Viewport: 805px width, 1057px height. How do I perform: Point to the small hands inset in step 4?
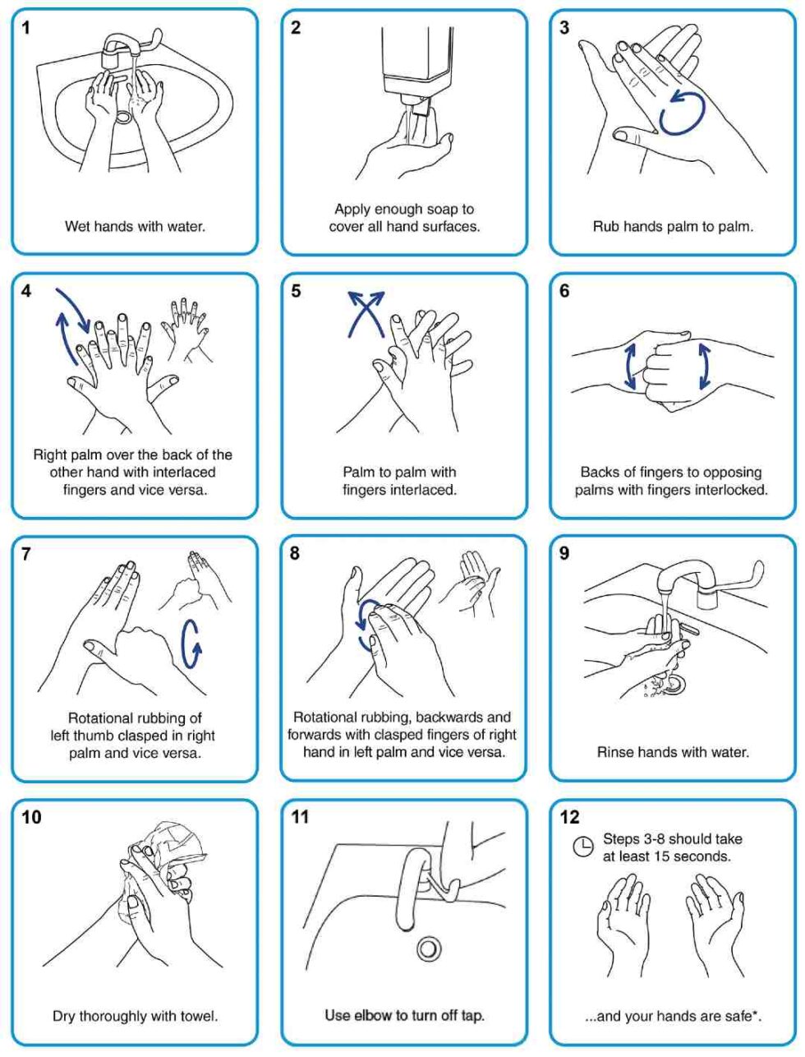(x=187, y=329)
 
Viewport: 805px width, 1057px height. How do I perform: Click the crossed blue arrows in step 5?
(x=365, y=313)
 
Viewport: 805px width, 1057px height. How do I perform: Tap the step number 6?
(x=564, y=292)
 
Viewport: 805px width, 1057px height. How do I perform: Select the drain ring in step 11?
(x=427, y=949)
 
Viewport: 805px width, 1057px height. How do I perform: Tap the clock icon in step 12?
(x=582, y=847)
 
